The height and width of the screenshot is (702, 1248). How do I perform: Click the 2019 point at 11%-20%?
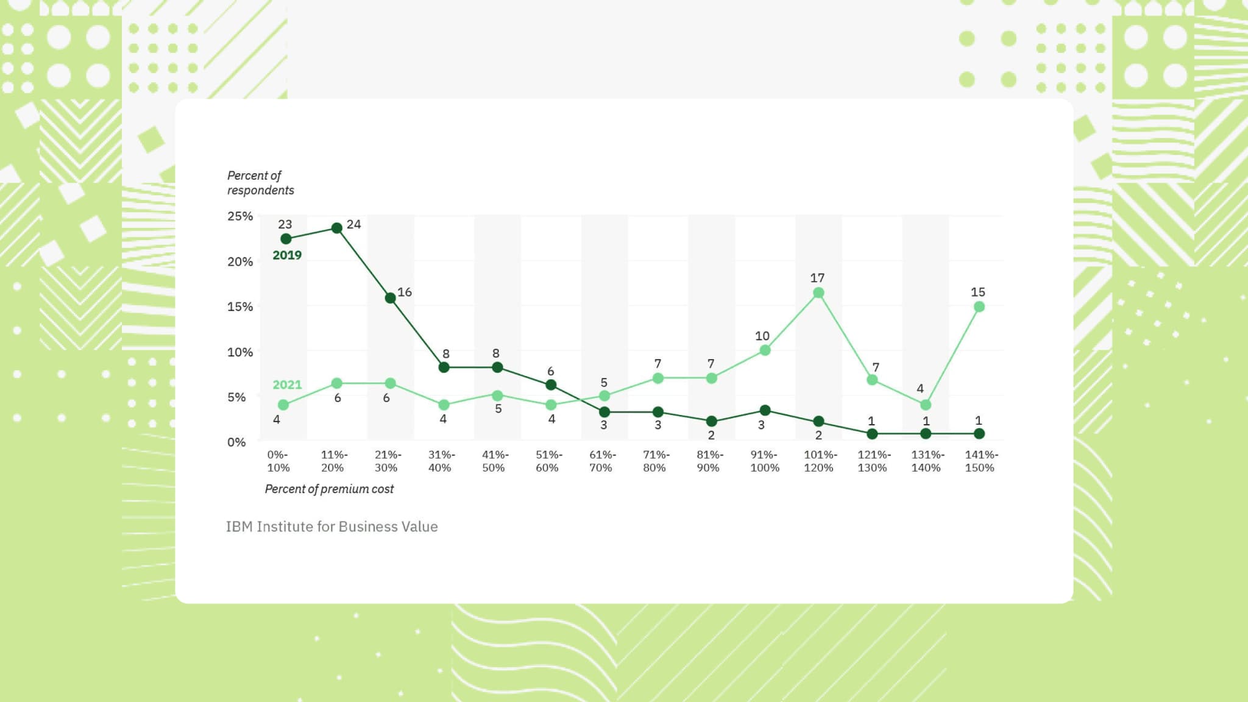(336, 228)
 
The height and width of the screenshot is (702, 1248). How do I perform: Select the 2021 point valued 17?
(818, 293)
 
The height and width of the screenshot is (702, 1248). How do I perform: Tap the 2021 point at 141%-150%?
(979, 307)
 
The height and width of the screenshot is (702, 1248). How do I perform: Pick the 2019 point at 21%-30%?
(390, 298)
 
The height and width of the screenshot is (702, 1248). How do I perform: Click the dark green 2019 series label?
(286, 255)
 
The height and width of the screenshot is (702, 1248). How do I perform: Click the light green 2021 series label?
(286, 385)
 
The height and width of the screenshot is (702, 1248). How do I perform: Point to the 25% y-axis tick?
(240, 216)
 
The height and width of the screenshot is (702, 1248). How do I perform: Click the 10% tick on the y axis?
(240, 352)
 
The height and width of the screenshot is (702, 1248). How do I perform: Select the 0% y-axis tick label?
(236, 442)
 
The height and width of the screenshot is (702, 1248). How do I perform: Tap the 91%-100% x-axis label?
(764, 461)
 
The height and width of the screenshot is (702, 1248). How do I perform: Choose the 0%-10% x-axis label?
(278, 461)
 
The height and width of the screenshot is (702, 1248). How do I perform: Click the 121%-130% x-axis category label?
(873, 461)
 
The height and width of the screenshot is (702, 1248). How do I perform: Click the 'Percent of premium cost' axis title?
(329, 489)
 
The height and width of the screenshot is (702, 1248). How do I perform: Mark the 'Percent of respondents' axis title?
(260, 183)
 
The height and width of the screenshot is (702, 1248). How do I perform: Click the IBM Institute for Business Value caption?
(331, 526)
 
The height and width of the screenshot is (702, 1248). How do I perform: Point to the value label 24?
(353, 224)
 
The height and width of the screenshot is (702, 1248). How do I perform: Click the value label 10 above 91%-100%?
(762, 336)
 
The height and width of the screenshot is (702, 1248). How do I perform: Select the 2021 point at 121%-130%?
(872, 380)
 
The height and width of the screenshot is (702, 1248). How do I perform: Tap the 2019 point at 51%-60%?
(550, 385)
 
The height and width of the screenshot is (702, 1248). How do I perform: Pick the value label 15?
(977, 292)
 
